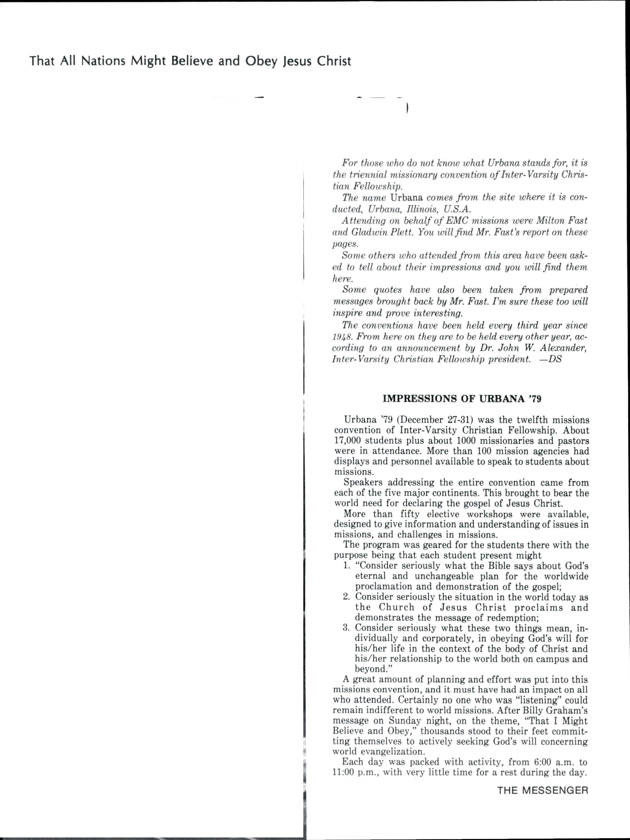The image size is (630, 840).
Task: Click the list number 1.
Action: coord(346,566)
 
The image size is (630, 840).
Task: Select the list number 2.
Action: coord(346,597)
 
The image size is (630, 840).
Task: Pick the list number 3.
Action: coord(346,627)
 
